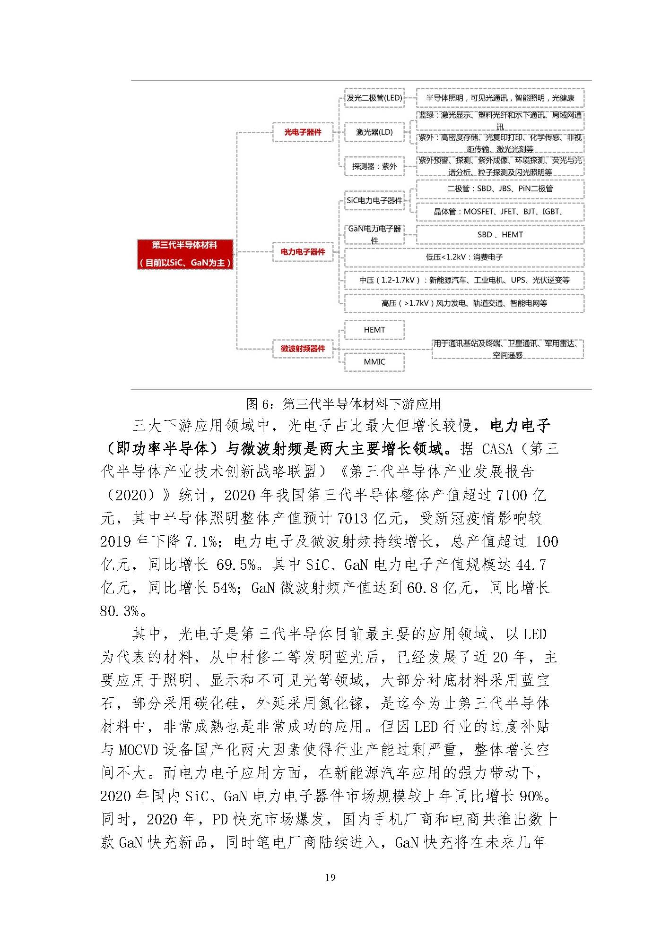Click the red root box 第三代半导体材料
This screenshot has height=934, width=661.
coord(185,254)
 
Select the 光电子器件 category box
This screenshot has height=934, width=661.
coord(303,132)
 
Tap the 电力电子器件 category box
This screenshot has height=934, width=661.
coord(303,252)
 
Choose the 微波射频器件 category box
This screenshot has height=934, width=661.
coord(303,349)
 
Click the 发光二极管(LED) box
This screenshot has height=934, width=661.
coord(374,98)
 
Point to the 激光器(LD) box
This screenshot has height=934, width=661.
coord(374,132)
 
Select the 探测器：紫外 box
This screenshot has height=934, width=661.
coord(374,166)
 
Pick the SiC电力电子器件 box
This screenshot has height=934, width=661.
coord(374,200)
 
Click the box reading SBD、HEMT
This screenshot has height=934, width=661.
coord(500,235)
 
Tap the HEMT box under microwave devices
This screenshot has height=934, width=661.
coord(374,330)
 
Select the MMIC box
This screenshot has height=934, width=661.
coord(374,362)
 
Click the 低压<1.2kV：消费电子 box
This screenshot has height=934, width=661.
coord(464,257)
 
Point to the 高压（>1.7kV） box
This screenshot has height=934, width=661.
coord(464,303)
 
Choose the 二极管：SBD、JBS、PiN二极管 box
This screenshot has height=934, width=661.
coord(500,189)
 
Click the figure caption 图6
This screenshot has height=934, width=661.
coord(343,404)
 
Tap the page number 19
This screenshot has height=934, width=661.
coord(330,877)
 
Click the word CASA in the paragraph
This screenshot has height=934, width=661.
coord(497,449)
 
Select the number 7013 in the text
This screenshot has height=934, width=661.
coord(353,518)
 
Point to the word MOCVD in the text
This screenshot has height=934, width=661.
coord(139,750)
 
